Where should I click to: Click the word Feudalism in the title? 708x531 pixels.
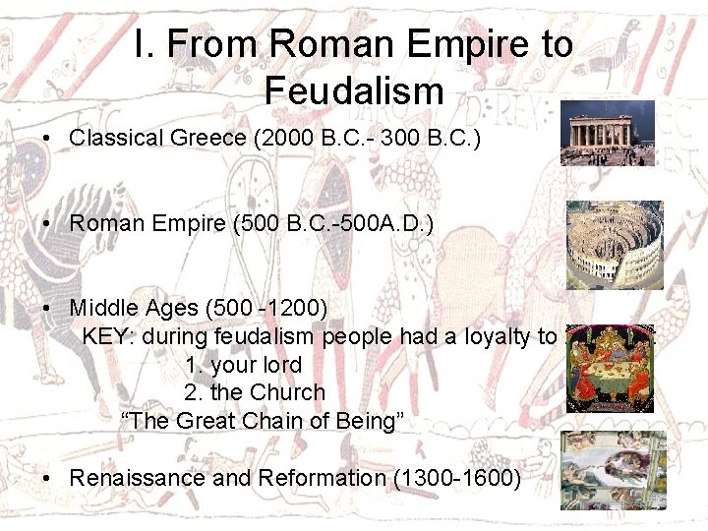click(354, 91)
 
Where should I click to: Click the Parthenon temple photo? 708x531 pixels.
click(607, 133)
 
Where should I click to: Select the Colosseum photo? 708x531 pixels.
click(615, 245)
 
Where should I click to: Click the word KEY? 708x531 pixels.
click(109, 336)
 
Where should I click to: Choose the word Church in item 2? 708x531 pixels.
click(287, 392)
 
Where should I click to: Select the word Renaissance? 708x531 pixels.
click(137, 479)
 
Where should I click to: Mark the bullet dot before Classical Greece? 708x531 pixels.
click(48, 139)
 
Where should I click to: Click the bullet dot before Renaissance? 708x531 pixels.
click(48, 480)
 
